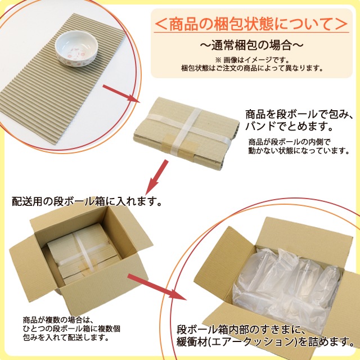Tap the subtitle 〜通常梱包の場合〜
[x=251, y=44]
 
